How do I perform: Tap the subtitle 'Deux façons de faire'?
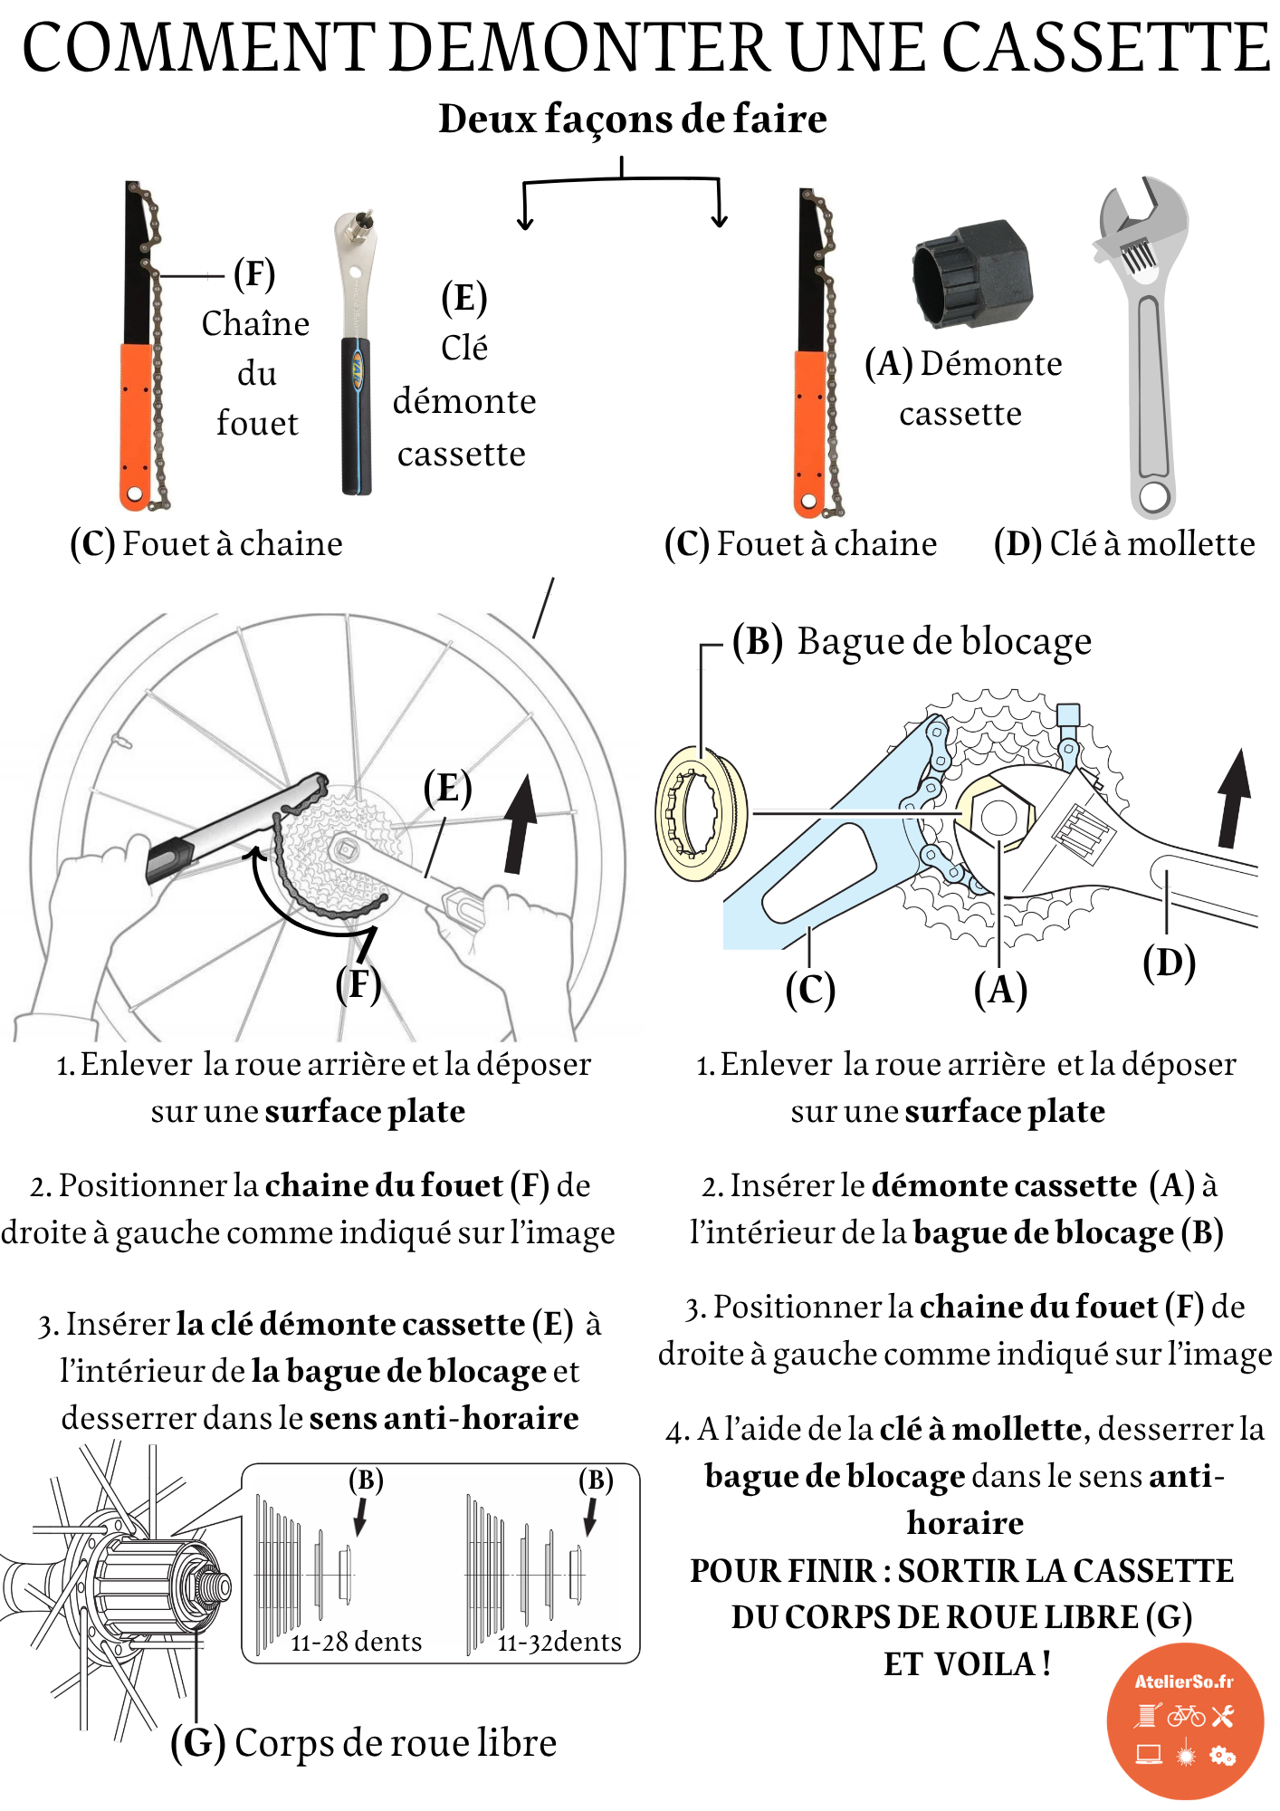click(x=633, y=119)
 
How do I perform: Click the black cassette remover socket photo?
click(x=973, y=273)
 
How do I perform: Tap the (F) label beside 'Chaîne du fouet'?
click(x=254, y=274)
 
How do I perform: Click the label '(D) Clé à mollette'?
click(x=1124, y=543)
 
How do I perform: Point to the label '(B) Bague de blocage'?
click(x=912, y=641)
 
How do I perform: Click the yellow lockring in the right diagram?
click(x=700, y=813)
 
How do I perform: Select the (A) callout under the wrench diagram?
click(x=1000, y=989)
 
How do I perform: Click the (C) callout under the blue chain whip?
click(x=810, y=989)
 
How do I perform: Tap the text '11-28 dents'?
click(x=356, y=1642)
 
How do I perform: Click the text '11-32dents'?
click(x=559, y=1642)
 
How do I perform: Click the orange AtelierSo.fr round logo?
click(x=1184, y=1720)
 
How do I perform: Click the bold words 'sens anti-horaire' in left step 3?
click(x=444, y=1418)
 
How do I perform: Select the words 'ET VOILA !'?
click(x=967, y=1664)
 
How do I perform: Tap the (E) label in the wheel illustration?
click(x=448, y=788)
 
